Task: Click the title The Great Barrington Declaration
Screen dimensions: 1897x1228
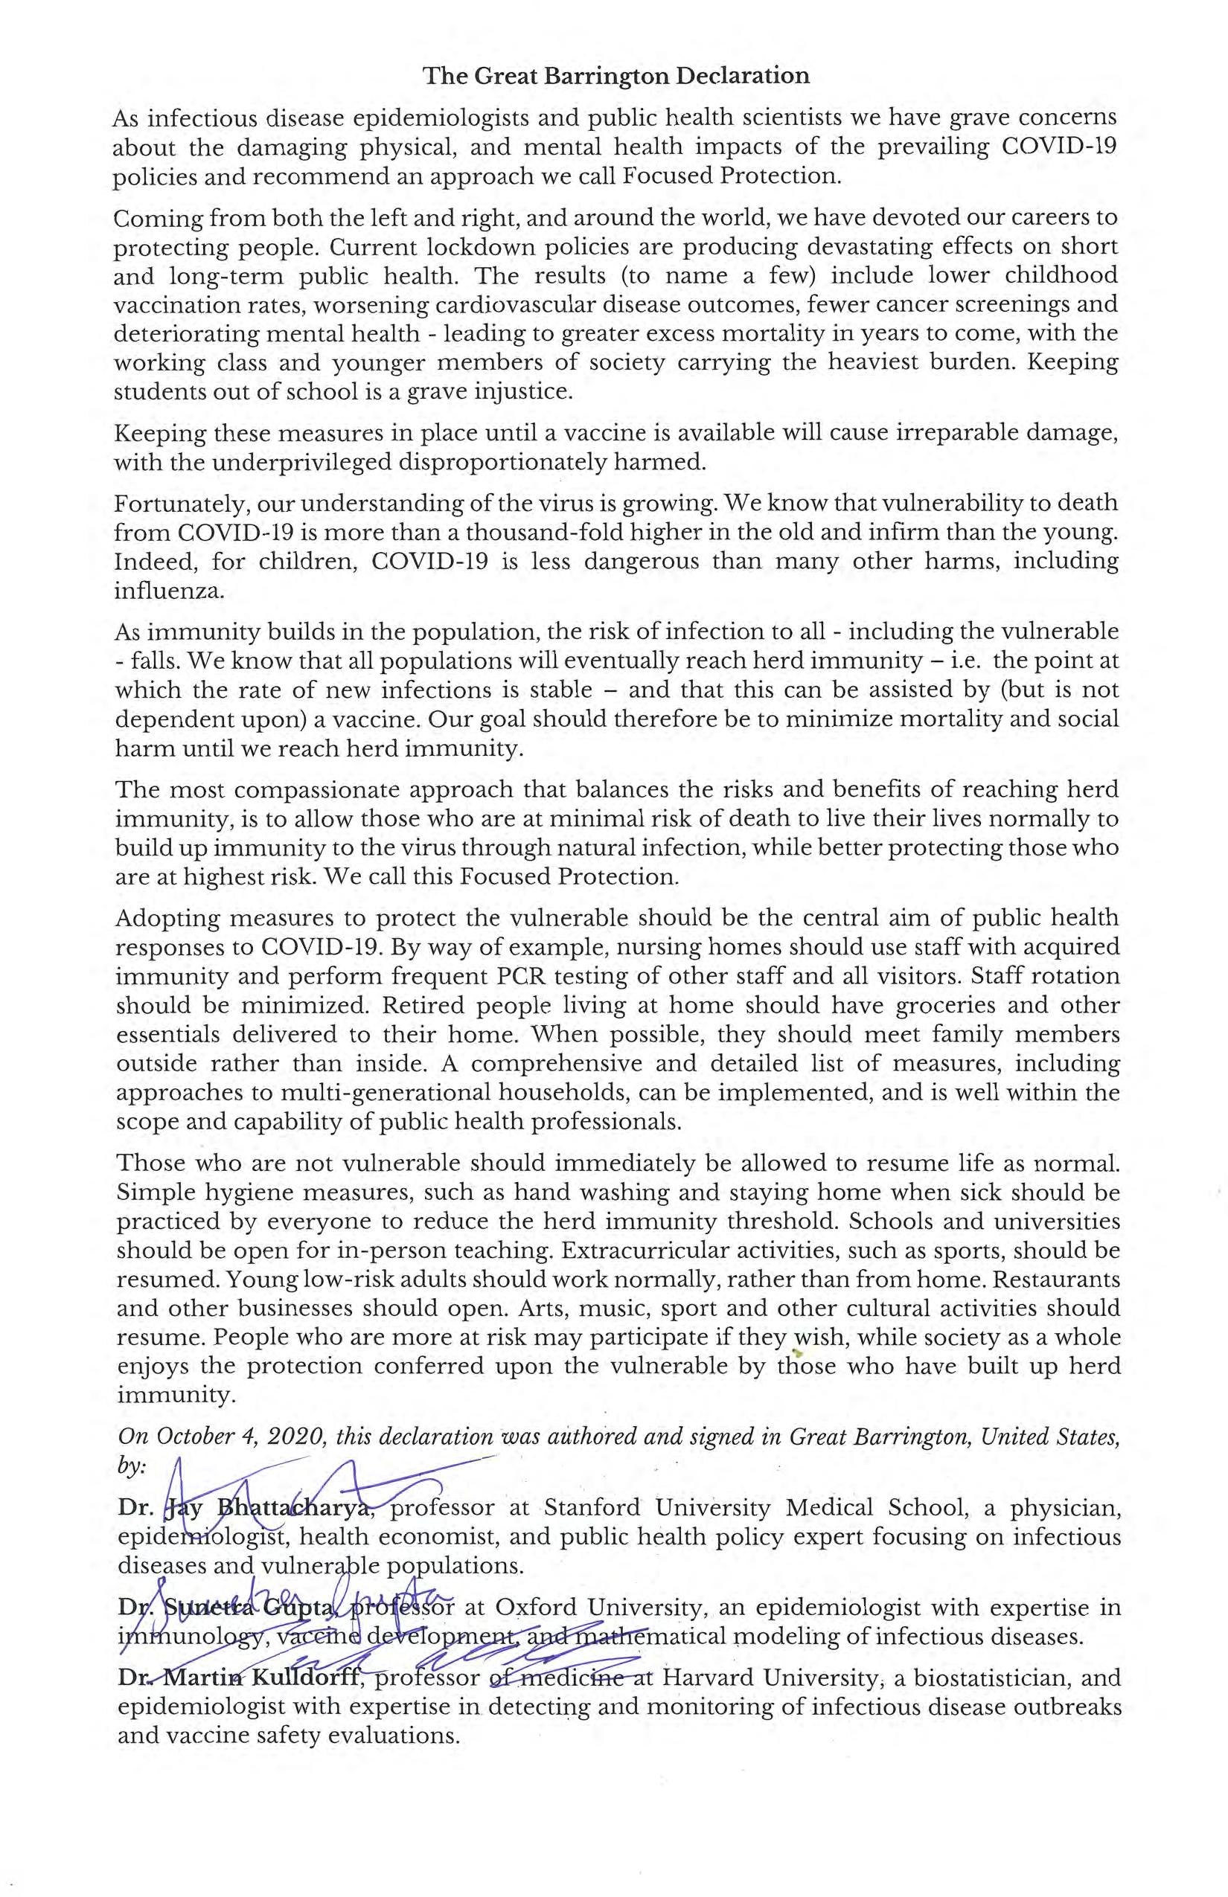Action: (x=615, y=76)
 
